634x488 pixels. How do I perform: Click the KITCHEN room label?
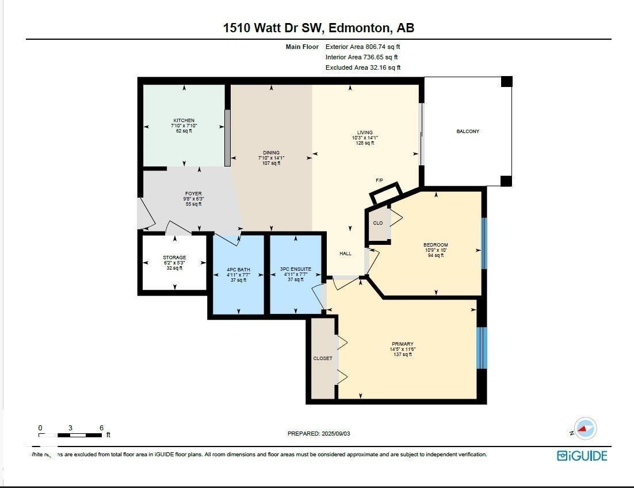[184, 120]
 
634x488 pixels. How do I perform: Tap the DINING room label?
[271, 153]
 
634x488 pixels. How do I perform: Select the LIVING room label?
[364, 133]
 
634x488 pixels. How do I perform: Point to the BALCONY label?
[468, 131]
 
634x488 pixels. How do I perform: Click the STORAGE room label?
[174, 258]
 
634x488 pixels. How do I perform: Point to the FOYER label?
[193, 194]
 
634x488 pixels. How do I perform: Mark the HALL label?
[345, 254]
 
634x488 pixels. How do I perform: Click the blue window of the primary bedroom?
[482, 348]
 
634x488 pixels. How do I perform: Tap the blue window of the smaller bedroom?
[484, 243]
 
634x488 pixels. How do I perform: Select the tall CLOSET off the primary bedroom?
[322, 358]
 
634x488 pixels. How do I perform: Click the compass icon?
[586, 429]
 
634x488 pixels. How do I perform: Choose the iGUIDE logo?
[582, 456]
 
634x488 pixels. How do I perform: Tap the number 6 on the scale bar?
[101, 428]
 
